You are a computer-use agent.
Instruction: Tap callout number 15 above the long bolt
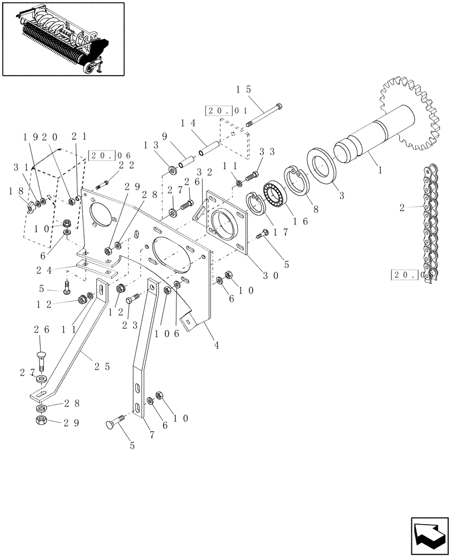click(244, 90)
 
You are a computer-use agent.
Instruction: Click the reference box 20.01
click(218, 111)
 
